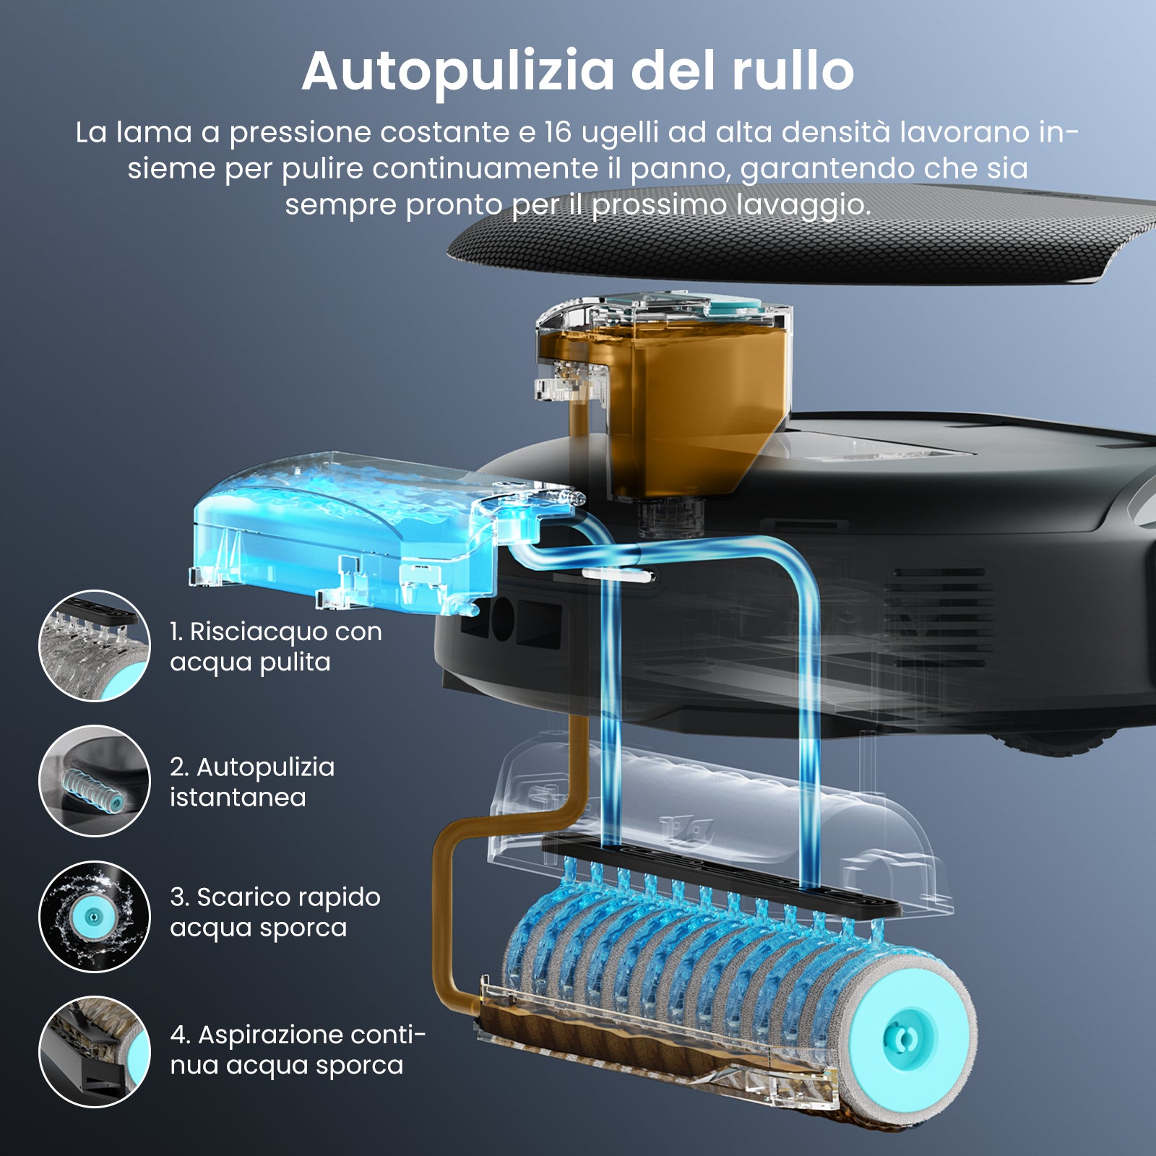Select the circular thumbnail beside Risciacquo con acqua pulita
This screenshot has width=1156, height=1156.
coord(94,645)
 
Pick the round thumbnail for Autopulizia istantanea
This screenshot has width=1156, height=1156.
coord(94,781)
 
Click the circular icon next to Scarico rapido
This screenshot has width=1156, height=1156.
coord(94,916)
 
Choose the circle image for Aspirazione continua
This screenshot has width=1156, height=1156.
coord(94,1051)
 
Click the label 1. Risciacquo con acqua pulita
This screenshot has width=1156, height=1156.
coord(276,647)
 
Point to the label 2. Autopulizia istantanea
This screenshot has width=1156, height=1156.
coord(252,782)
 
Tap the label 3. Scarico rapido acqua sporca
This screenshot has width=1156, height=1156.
coord(275,912)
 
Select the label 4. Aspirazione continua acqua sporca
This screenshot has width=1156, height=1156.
coord(298,1049)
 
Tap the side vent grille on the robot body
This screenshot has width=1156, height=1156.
coord(939,618)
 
